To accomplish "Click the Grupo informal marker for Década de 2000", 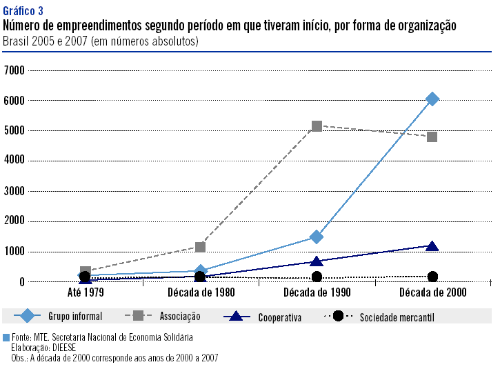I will [432, 99].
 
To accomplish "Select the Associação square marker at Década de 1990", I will [317, 126].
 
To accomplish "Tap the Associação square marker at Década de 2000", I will [432, 137].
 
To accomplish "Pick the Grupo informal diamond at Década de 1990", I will [317, 237].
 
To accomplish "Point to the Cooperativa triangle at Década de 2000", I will [432, 246].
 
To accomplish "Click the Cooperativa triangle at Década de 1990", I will [317, 261].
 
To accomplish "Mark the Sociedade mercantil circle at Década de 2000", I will [432, 277].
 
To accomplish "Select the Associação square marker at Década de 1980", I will [201, 247].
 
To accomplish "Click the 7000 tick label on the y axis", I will [14, 70].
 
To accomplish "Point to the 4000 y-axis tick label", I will [14, 161].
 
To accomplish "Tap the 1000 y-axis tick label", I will [14, 252].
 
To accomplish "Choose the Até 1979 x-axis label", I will [85, 292].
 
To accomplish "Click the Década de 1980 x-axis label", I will [201, 292].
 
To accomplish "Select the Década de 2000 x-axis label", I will [432, 292].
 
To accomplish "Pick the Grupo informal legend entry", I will [74, 317].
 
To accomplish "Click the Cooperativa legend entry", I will [279, 317].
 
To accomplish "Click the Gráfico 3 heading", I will [23, 11].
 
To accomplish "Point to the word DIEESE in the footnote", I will [61, 348].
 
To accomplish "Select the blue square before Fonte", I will [6, 337].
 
